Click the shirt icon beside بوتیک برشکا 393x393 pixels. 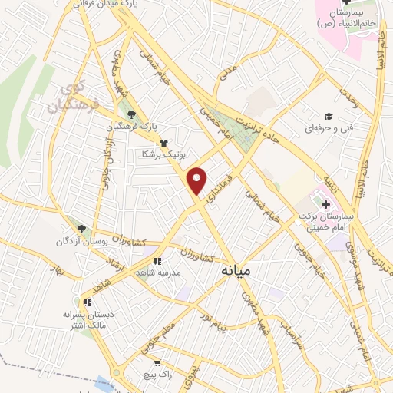tap(163, 143)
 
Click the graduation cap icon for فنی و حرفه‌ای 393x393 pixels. tap(329, 117)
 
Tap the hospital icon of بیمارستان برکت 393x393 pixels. tap(325, 205)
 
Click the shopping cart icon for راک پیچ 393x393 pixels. tap(157, 362)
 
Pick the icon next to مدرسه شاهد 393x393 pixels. tap(157, 261)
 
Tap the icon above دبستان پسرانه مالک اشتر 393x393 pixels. tap(88, 302)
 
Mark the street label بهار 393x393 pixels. tap(55, 269)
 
